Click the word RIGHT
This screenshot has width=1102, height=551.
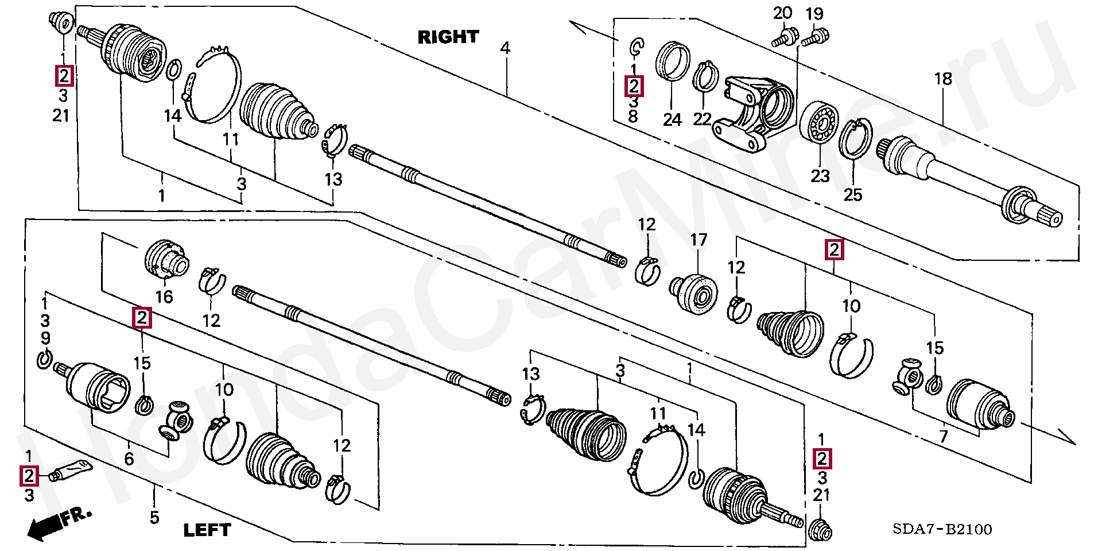click(448, 37)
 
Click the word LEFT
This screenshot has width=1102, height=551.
click(207, 530)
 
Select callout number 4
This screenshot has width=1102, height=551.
click(505, 48)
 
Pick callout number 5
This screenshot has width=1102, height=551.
click(154, 517)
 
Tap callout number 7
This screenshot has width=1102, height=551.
click(944, 437)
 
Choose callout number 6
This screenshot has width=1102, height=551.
click(129, 458)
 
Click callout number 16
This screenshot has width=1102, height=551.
click(164, 296)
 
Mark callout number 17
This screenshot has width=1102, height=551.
click(699, 240)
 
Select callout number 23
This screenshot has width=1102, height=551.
click(820, 175)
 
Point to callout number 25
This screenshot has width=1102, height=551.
click(853, 195)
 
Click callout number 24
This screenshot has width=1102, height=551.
click(672, 120)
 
